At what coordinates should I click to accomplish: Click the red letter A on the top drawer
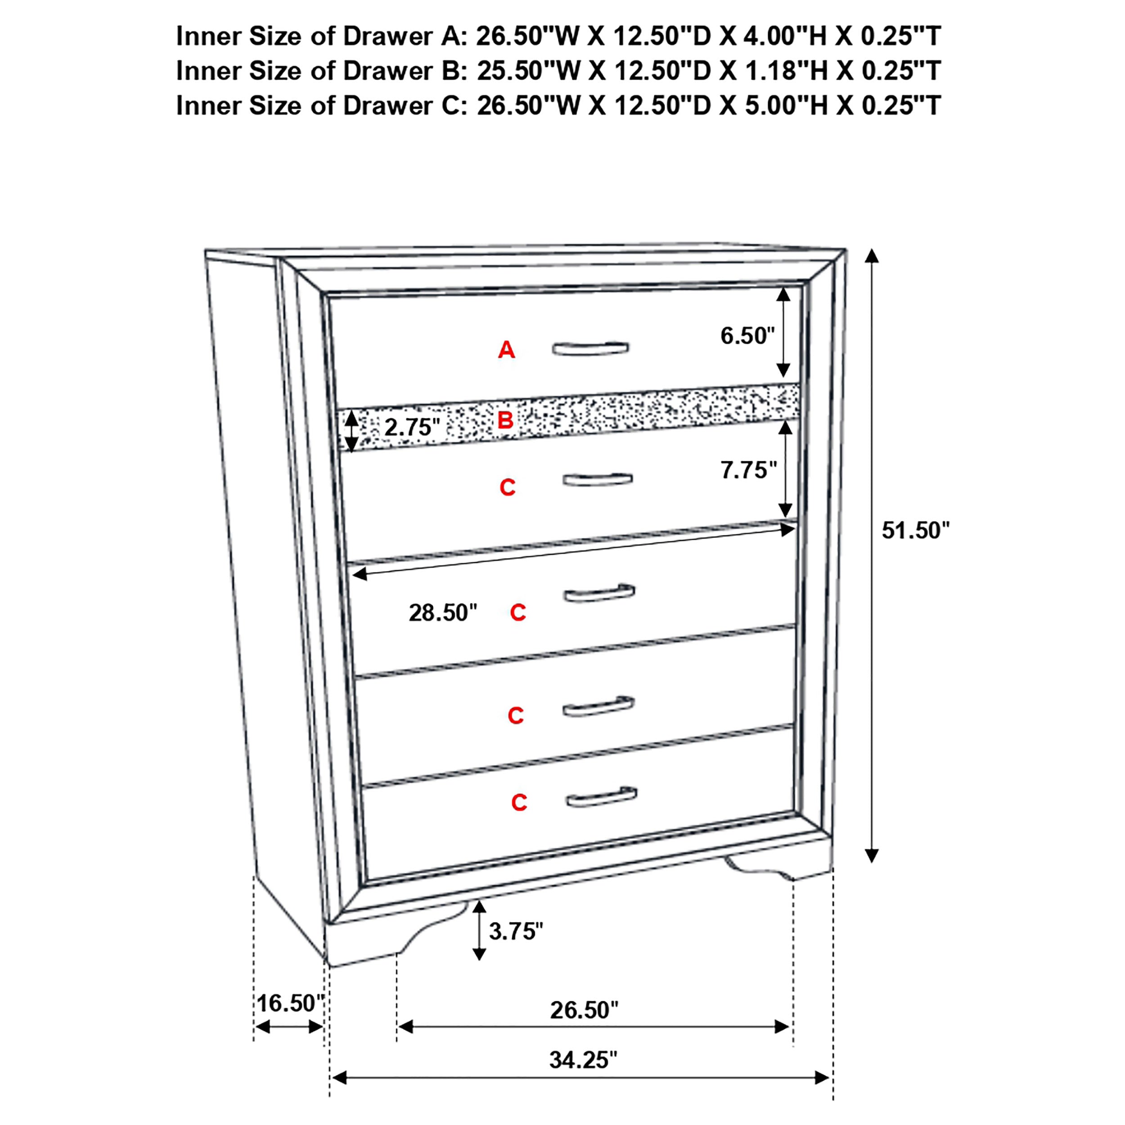[x=506, y=350]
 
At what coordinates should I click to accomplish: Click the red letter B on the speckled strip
[x=505, y=420]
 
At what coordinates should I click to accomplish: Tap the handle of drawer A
[x=590, y=348]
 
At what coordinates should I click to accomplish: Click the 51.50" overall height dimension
[x=915, y=531]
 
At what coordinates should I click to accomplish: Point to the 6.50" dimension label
[x=747, y=336]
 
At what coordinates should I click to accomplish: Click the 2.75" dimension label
[x=412, y=427]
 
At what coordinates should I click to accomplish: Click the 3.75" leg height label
[x=516, y=931]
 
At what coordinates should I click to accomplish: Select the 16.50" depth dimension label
[x=290, y=1003]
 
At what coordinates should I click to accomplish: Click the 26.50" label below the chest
[x=584, y=1010]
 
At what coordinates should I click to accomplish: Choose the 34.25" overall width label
[x=583, y=1060]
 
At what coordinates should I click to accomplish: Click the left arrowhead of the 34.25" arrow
[x=338, y=1078]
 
